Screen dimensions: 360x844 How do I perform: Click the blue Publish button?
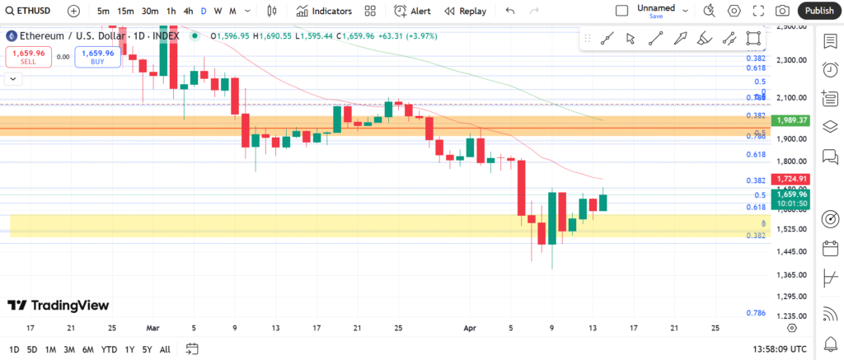[818, 11]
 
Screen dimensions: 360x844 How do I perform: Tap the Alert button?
[412, 11]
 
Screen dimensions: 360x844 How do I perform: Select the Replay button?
[465, 11]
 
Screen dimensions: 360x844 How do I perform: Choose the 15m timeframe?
[125, 11]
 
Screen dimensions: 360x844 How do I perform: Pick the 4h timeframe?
[188, 11]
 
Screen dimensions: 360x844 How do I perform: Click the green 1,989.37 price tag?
[790, 120]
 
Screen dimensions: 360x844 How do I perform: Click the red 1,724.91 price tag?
[790, 179]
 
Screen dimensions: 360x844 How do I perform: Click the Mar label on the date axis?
[152, 327]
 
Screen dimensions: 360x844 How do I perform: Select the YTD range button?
[109, 348]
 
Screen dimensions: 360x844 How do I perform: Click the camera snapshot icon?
[781, 11]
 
